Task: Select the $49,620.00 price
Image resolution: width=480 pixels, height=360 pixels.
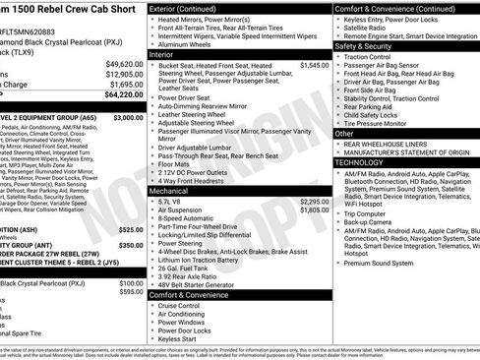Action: [x=124, y=63]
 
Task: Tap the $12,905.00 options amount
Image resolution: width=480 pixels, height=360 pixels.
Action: [x=124, y=74]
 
